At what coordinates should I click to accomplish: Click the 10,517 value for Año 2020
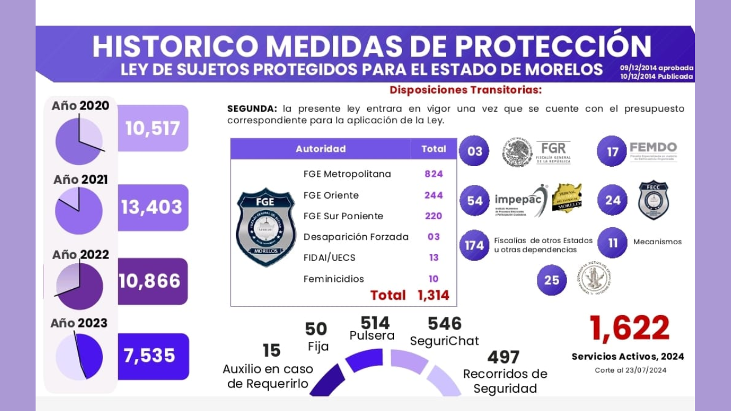click(x=152, y=128)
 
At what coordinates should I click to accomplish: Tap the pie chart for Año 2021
click(x=79, y=211)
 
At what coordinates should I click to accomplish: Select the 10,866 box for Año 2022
click(x=151, y=281)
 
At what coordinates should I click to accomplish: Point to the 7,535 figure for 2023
click(x=150, y=356)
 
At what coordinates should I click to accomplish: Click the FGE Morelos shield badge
click(x=266, y=227)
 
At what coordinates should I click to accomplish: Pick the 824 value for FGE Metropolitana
click(x=433, y=174)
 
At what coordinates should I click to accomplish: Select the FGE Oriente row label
click(x=331, y=195)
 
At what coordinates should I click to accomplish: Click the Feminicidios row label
click(x=334, y=279)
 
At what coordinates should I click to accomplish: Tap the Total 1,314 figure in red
click(x=409, y=295)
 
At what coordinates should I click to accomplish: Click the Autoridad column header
click(x=320, y=149)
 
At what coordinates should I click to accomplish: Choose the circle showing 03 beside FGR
click(x=475, y=151)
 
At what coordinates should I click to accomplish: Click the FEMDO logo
click(x=653, y=151)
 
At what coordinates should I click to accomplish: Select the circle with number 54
click(x=475, y=201)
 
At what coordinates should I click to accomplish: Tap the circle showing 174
click(x=475, y=245)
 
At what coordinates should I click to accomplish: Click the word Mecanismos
click(x=657, y=241)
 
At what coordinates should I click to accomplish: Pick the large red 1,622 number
click(x=629, y=328)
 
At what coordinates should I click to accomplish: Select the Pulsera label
click(x=372, y=336)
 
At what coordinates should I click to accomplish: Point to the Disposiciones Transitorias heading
click(x=465, y=90)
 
